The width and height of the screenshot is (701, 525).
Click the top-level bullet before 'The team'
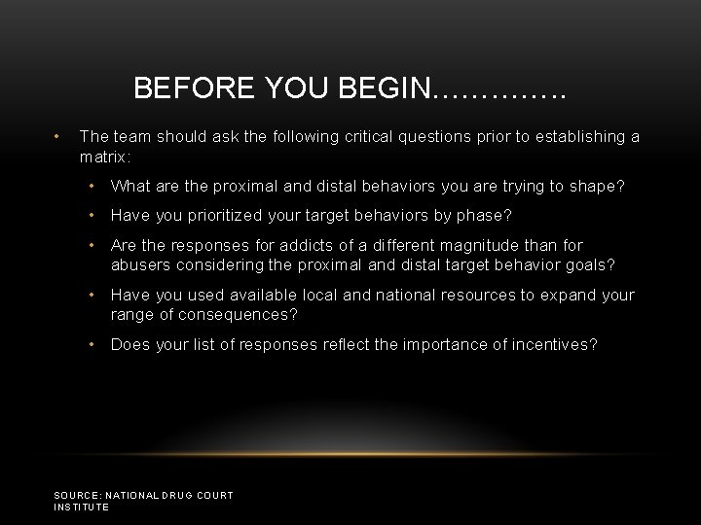pos(59,137)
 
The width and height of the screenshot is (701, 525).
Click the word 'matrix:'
pos(105,156)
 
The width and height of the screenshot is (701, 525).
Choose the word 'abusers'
pos(140,264)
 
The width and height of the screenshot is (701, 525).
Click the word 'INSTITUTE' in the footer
pos(82,507)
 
